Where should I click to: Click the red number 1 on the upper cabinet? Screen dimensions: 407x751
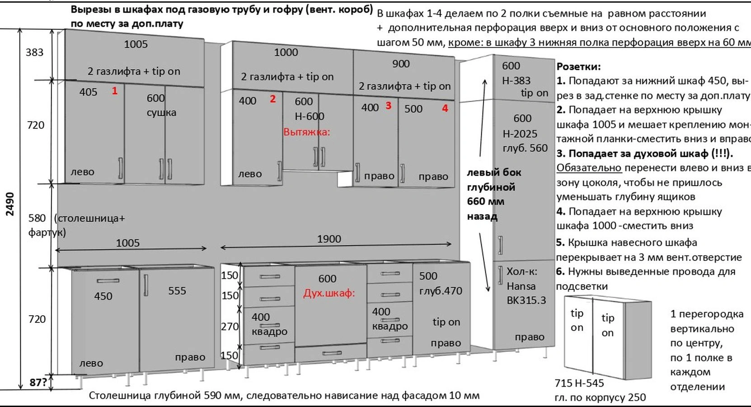(114, 91)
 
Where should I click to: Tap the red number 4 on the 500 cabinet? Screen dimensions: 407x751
(445, 108)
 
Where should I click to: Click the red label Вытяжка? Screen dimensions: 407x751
(306, 132)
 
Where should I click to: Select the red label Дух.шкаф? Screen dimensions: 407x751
(329, 293)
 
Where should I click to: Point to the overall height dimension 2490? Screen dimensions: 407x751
(10, 204)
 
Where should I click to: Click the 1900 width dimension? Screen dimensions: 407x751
(329, 239)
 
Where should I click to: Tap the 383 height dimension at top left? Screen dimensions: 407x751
(34, 52)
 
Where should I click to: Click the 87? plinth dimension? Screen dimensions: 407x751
(38, 383)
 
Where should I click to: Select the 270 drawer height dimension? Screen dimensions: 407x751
(230, 326)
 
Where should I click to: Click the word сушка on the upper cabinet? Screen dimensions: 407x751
(161, 113)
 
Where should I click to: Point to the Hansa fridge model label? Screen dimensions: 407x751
(521, 286)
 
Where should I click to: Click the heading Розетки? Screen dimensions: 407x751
(578, 66)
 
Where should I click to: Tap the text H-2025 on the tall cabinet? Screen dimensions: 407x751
(520, 134)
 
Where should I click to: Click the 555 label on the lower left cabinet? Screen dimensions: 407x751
(177, 291)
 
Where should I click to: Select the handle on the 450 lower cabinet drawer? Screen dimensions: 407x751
(108, 281)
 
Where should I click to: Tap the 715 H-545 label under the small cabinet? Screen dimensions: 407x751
(579, 383)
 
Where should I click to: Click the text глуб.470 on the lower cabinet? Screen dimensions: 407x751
(441, 291)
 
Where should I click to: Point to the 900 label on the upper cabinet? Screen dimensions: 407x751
(401, 64)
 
